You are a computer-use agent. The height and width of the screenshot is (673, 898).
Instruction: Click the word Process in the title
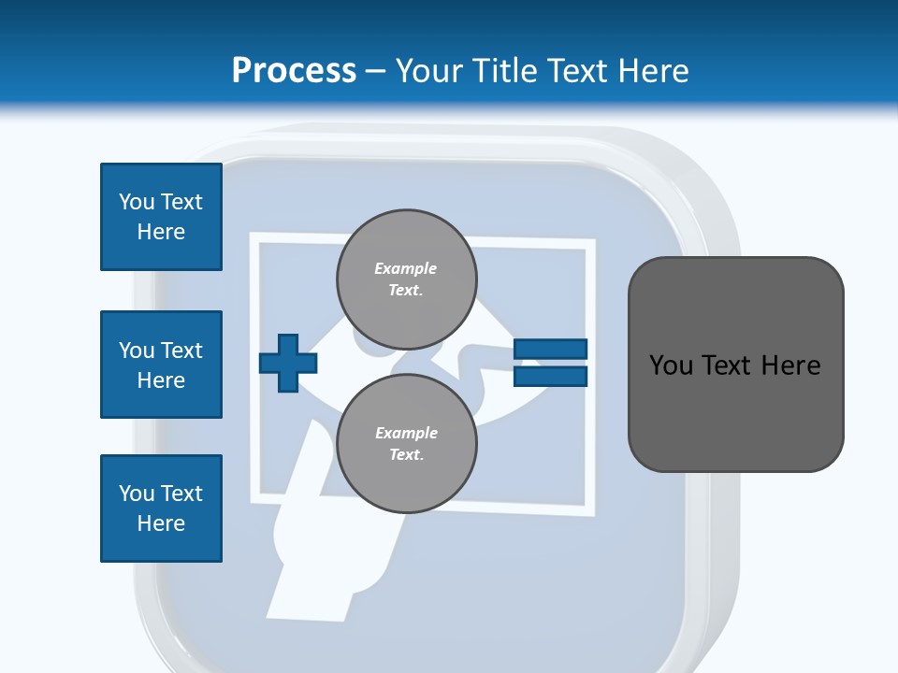point(294,71)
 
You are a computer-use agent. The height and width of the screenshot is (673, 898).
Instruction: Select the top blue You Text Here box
point(161,217)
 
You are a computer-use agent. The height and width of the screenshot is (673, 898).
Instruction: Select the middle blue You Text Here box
point(161,365)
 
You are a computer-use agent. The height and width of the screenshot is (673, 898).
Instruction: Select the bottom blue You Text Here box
point(161,508)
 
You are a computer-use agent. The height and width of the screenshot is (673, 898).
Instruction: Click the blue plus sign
point(288,363)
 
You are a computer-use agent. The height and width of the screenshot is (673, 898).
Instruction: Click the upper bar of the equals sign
point(550,349)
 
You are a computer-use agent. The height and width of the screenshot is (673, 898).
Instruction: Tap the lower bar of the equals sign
point(550,376)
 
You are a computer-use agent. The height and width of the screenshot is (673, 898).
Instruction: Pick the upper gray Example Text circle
point(407,279)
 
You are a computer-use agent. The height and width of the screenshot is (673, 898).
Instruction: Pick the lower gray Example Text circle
point(407,443)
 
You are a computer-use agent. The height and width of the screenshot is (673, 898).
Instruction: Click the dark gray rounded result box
point(735,365)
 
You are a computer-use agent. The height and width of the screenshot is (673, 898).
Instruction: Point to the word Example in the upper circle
point(406,268)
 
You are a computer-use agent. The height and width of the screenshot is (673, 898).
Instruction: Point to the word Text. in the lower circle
point(406,455)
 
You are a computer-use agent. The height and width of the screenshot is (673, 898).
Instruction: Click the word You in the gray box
point(671,365)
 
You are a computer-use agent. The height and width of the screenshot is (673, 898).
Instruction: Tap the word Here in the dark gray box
point(790,365)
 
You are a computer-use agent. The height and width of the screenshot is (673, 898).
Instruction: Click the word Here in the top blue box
point(161,232)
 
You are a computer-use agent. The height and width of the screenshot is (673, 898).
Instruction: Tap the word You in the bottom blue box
point(137,494)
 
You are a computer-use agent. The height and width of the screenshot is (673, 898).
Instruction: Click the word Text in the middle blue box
point(181,351)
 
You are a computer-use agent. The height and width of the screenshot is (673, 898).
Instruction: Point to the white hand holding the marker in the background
point(309,551)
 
